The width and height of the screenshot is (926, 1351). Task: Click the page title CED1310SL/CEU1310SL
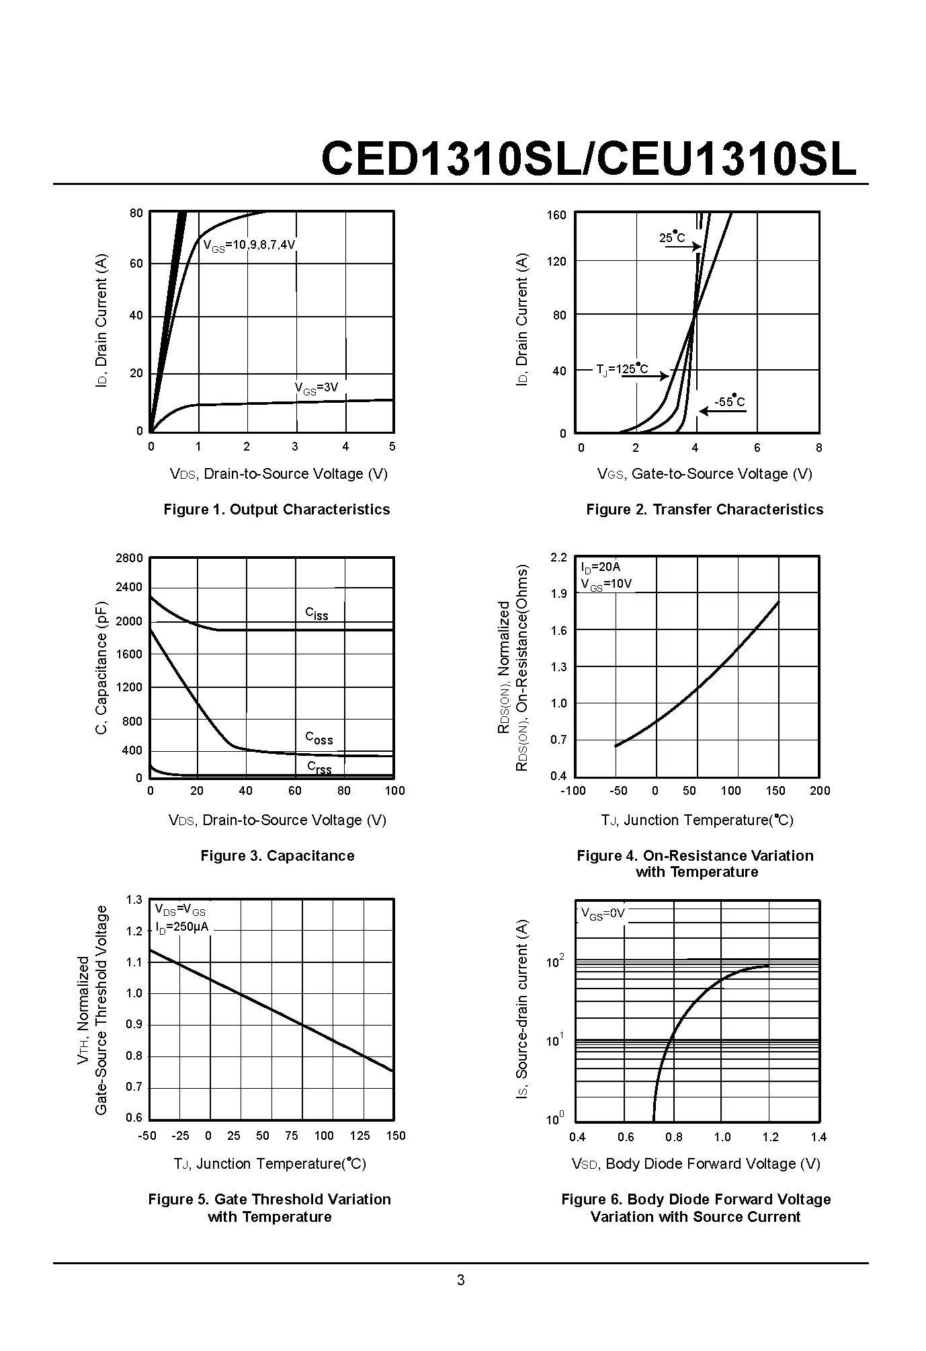pyautogui.click(x=589, y=159)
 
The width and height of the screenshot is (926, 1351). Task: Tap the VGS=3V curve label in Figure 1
pyautogui.click(x=316, y=388)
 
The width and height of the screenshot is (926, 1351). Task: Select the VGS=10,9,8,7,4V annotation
pyautogui.click(x=249, y=245)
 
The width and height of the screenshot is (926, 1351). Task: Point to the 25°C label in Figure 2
pyautogui.click(x=672, y=237)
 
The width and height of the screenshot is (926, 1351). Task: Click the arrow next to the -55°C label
pyautogui.click(x=722, y=411)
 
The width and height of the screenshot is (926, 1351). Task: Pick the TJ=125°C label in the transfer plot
pyautogui.click(x=622, y=369)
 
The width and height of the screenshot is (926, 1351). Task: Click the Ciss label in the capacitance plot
pyautogui.click(x=317, y=613)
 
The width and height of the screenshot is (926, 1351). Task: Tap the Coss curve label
pyautogui.click(x=319, y=738)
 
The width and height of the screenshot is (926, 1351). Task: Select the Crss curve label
pyautogui.click(x=319, y=767)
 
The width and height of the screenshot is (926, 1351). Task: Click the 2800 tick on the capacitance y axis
pyautogui.click(x=129, y=558)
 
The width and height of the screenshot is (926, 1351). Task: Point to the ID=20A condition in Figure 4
pyautogui.click(x=601, y=568)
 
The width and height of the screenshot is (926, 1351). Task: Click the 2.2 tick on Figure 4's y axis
pyautogui.click(x=558, y=557)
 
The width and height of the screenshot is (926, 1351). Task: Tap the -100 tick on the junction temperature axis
pyautogui.click(x=573, y=791)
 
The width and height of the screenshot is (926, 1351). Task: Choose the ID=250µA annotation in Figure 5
pyautogui.click(x=181, y=927)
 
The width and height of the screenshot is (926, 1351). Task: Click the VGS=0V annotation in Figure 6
pyautogui.click(x=602, y=914)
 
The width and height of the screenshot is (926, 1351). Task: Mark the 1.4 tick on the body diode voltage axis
pyautogui.click(x=818, y=1137)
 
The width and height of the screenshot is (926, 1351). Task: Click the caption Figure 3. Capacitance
pyautogui.click(x=277, y=855)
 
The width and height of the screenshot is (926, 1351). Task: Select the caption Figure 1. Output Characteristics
pyautogui.click(x=276, y=509)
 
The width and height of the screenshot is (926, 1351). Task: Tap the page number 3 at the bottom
pyautogui.click(x=461, y=1280)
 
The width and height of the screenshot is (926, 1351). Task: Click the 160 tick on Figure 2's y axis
pyautogui.click(x=556, y=215)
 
